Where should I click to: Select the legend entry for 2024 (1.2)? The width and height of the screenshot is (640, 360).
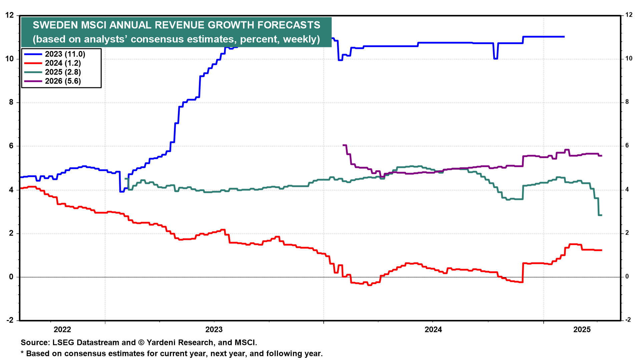tap(63, 63)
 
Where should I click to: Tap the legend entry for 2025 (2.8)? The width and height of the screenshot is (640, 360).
tap(63, 72)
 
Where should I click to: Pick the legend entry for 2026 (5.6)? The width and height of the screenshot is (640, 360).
tap(63, 81)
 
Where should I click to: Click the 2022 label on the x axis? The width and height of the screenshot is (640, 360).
tap(62, 330)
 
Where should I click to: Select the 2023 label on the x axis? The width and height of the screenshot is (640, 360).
tap(214, 330)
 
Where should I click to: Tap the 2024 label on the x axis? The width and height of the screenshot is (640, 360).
tap(433, 330)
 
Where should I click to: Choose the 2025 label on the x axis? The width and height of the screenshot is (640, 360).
tap(582, 330)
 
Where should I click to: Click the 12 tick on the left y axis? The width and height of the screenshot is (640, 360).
tap(10, 15)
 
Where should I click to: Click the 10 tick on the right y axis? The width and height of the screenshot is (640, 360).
tap(629, 59)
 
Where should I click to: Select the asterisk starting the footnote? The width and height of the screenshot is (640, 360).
tap(22, 353)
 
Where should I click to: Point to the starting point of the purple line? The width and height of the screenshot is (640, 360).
tap(343, 145)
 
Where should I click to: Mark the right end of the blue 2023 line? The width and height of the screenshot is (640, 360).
tap(564, 37)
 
